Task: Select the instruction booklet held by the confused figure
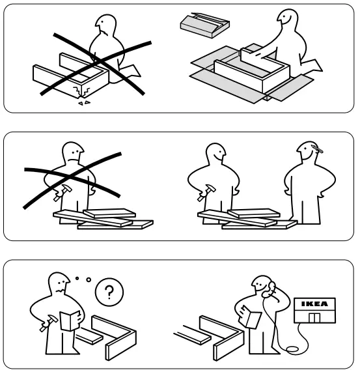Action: coord(66,320)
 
